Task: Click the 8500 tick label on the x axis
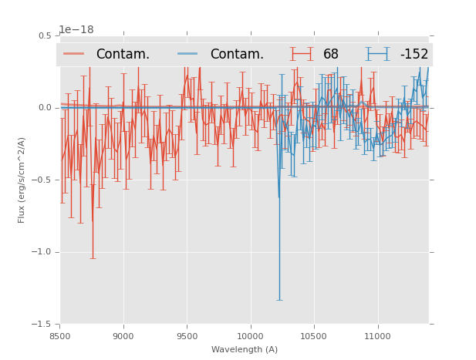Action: pyautogui.click(x=60, y=336)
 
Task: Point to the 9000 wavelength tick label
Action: pyautogui.click(x=123, y=336)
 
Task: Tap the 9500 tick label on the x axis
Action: pyautogui.click(x=187, y=336)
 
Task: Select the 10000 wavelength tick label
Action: pyautogui.click(x=250, y=336)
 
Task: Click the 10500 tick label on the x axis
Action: pyautogui.click(x=314, y=336)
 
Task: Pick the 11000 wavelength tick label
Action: pyautogui.click(x=377, y=336)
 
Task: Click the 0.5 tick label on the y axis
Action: pyautogui.click(x=45, y=36)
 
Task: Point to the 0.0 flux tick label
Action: pyautogui.click(x=45, y=108)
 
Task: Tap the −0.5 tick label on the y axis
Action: pyautogui.click(x=42, y=180)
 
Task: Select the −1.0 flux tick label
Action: pyautogui.click(x=42, y=252)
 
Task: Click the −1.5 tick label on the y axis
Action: pyautogui.click(x=42, y=325)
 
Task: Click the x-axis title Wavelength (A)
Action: pyautogui.click(x=244, y=349)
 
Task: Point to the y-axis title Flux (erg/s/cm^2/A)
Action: pyautogui.click(x=22, y=180)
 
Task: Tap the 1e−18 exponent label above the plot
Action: pyautogui.click(x=76, y=30)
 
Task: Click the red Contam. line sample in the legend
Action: pyautogui.click(x=74, y=54)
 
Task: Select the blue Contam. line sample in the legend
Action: pyautogui.click(x=188, y=54)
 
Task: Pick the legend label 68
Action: pyautogui.click(x=330, y=54)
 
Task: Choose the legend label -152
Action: pyautogui.click(x=414, y=54)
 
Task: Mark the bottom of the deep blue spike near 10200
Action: pyautogui.click(x=279, y=300)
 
